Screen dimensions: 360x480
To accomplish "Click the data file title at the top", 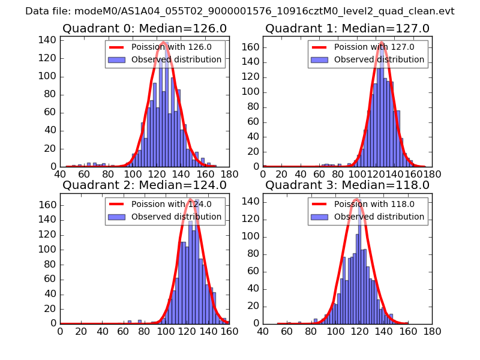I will (x=239, y=11).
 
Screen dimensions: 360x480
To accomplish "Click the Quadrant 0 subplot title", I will (x=145, y=28).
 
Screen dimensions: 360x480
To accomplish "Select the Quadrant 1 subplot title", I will (x=347, y=28).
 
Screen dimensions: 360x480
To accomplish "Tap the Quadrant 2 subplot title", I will (x=145, y=185).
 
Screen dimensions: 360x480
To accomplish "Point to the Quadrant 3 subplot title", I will (x=347, y=185).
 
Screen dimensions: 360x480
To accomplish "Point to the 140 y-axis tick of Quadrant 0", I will (x=49, y=40).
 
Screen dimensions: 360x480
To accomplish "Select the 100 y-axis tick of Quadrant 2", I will (x=49, y=249).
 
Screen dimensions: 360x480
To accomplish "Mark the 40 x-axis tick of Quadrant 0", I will (x=60, y=174).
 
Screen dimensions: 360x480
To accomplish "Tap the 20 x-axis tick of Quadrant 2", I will (x=81, y=331).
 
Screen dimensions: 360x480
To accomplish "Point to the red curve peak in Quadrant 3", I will (x=356, y=199).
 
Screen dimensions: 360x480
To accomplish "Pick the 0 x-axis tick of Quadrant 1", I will (x=263, y=174).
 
